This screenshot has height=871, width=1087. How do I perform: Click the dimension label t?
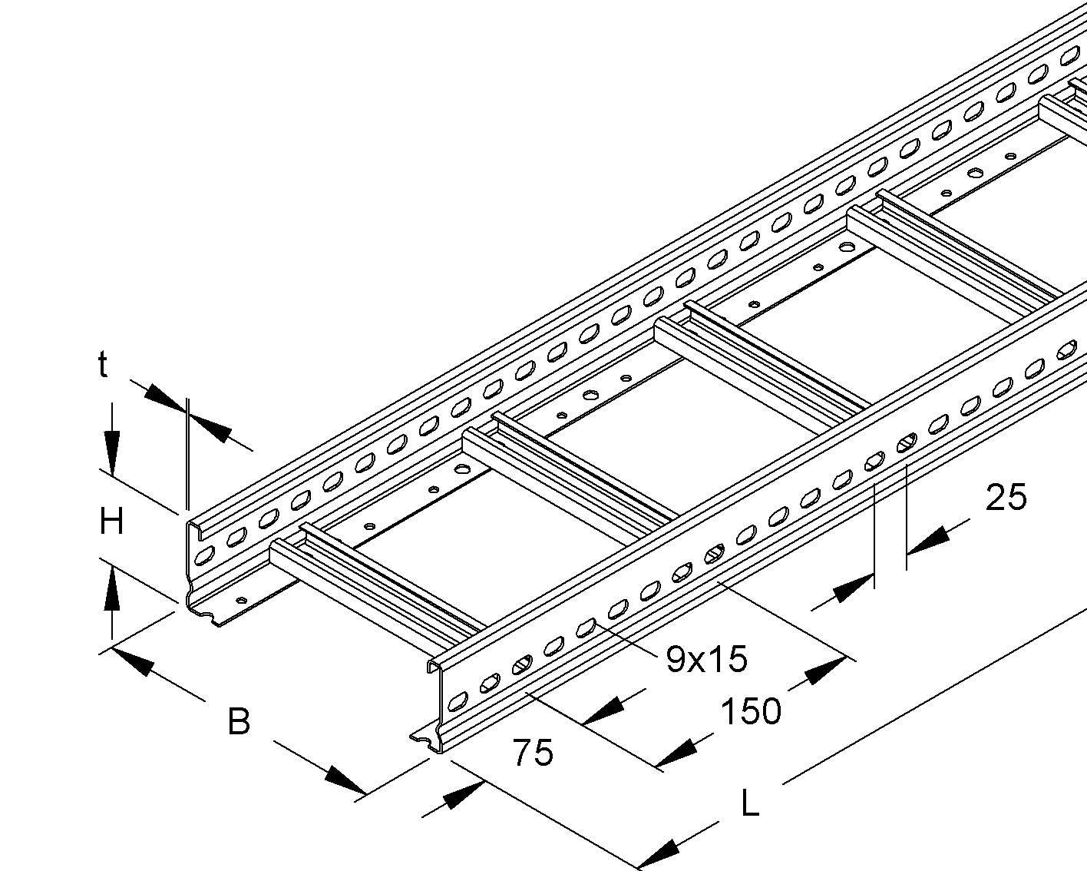coord(102,366)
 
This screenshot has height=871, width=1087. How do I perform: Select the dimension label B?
coord(239,722)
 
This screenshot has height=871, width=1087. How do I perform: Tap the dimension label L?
coord(750,804)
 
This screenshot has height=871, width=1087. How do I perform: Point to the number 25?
coord(1006,498)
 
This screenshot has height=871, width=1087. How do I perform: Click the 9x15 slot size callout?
coord(706,659)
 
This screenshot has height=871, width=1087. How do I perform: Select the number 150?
coord(750,711)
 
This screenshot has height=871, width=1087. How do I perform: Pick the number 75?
coord(533,753)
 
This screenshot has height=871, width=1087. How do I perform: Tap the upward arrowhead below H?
coord(112,585)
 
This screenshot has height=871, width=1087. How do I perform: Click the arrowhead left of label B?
coord(131,661)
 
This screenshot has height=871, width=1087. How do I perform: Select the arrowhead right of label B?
coord(342,780)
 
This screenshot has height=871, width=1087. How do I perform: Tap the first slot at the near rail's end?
coord(458,699)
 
